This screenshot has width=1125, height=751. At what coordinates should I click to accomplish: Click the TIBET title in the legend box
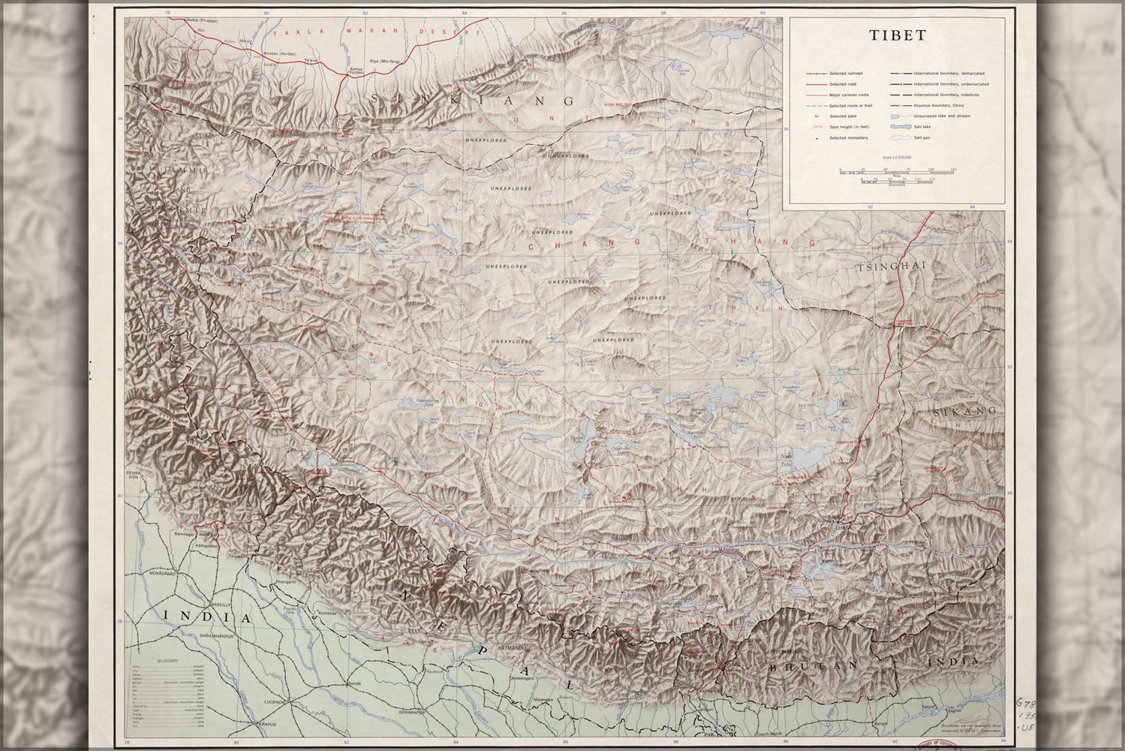pos(898,35)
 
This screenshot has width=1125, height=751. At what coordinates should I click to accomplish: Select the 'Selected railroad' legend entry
pos(845,74)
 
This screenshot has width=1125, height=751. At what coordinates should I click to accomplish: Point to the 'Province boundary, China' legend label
pos(937,106)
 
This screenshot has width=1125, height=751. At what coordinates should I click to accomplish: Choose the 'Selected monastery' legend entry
pos(849,138)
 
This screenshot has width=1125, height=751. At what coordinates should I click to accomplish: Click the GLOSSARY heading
pos(167,661)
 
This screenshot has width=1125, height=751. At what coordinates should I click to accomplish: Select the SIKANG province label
pos(964,412)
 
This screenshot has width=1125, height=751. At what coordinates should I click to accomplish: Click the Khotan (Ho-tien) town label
pos(281,54)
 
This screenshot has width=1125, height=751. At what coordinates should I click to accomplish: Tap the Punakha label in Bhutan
pos(781,650)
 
